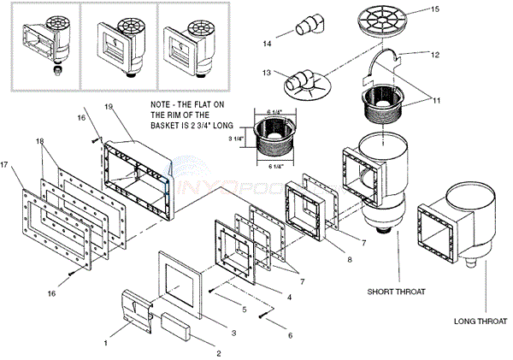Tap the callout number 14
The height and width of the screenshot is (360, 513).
(x=268, y=42)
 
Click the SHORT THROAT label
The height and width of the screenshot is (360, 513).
(x=398, y=291)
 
